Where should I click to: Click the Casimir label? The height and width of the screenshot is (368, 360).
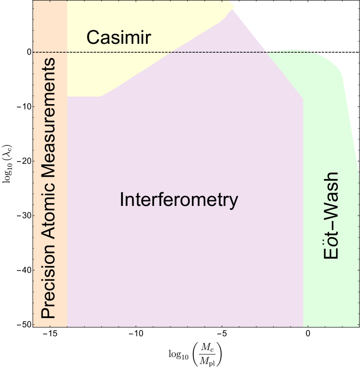[x=119, y=37]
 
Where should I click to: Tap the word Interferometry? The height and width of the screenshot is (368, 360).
[x=179, y=200]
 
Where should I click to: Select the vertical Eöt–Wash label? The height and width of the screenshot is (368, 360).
[x=331, y=215]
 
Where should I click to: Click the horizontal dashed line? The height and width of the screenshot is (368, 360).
[x=141, y=52]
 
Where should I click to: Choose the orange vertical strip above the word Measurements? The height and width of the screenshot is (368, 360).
[x=50, y=28]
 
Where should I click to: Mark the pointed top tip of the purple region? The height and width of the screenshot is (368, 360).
[x=232, y=9]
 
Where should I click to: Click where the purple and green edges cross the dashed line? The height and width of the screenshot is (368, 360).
[x=267, y=52]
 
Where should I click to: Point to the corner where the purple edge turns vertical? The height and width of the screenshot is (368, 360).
[x=303, y=98]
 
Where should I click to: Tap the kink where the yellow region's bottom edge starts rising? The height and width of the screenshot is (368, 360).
[x=101, y=97]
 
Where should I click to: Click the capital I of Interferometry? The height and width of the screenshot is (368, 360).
[x=122, y=200]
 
